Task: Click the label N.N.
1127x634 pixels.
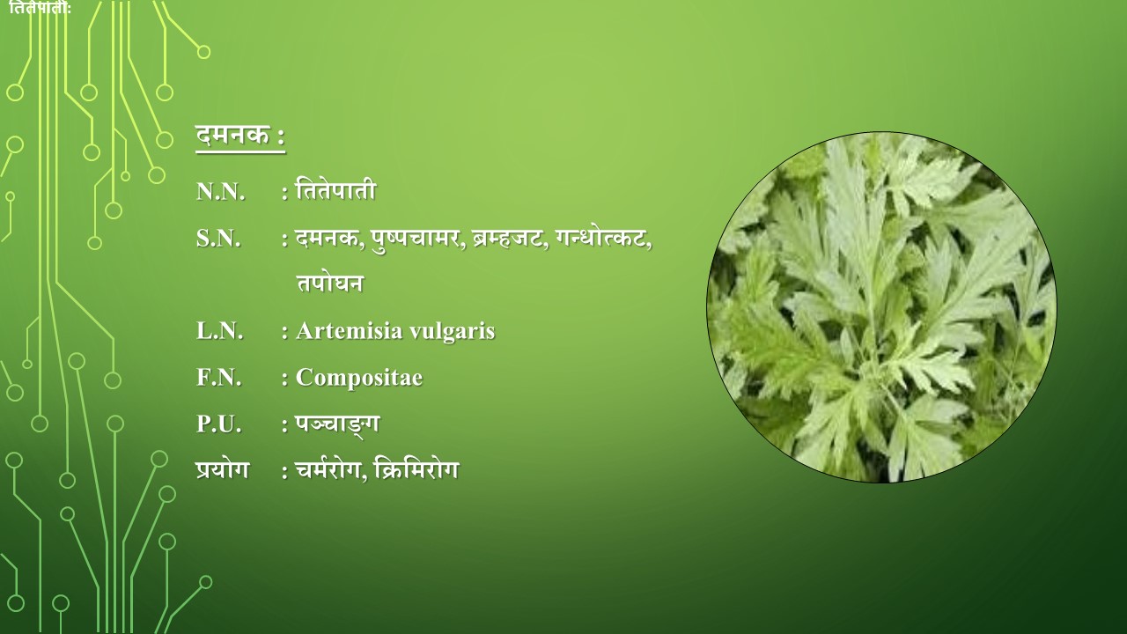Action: coord(220,192)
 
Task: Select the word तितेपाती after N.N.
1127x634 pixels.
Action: coord(335,190)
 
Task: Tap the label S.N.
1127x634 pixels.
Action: coord(218,239)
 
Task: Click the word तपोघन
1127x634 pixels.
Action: coord(329,283)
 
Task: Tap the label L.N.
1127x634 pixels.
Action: coord(220,331)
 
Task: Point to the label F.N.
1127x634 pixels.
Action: coord(219,378)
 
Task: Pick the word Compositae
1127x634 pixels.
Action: coord(359,379)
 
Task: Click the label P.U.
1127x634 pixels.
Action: coord(219,424)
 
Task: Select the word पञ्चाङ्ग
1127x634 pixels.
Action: coord(337,424)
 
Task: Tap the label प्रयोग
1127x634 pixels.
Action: coord(223,470)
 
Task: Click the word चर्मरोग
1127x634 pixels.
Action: coord(330,470)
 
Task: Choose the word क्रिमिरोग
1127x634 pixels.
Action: coord(417,469)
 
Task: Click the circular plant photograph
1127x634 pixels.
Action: coord(881,307)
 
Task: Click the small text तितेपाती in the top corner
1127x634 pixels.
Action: coord(40,8)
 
